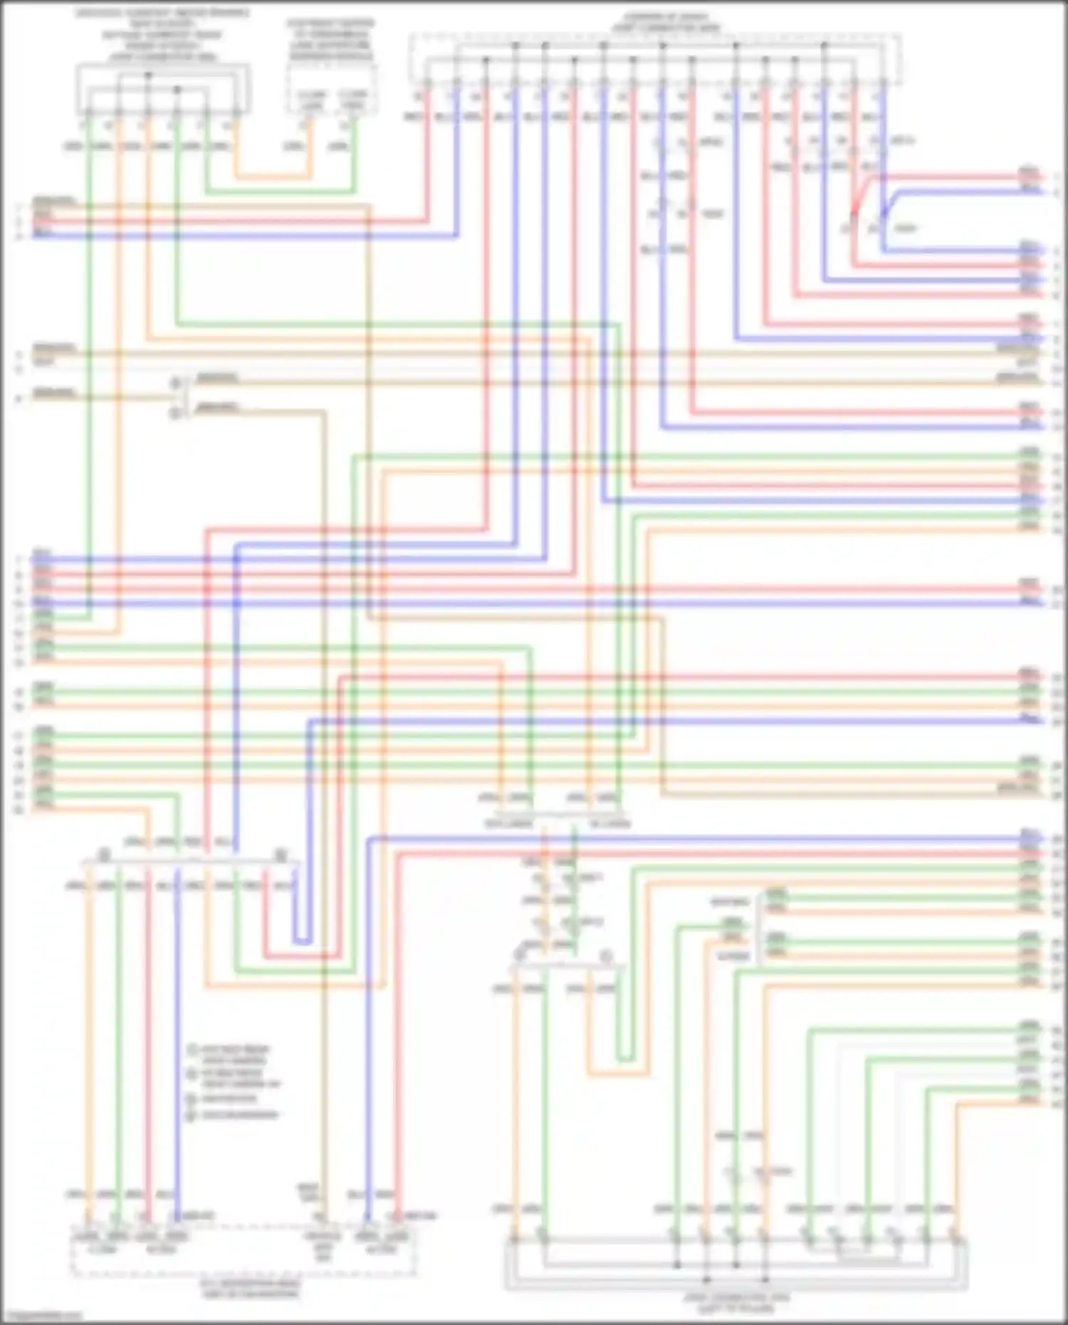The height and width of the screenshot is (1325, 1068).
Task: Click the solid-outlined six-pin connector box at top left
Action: [x=163, y=89]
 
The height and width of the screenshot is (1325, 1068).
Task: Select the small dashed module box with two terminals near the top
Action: [x=331, y=89]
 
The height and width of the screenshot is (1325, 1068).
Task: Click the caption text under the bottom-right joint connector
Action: [x=737, y=1302]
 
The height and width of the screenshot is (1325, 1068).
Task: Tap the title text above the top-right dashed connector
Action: [x=666, y=22]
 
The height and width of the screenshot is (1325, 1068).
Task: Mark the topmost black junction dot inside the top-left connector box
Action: [x=148, y=75]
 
